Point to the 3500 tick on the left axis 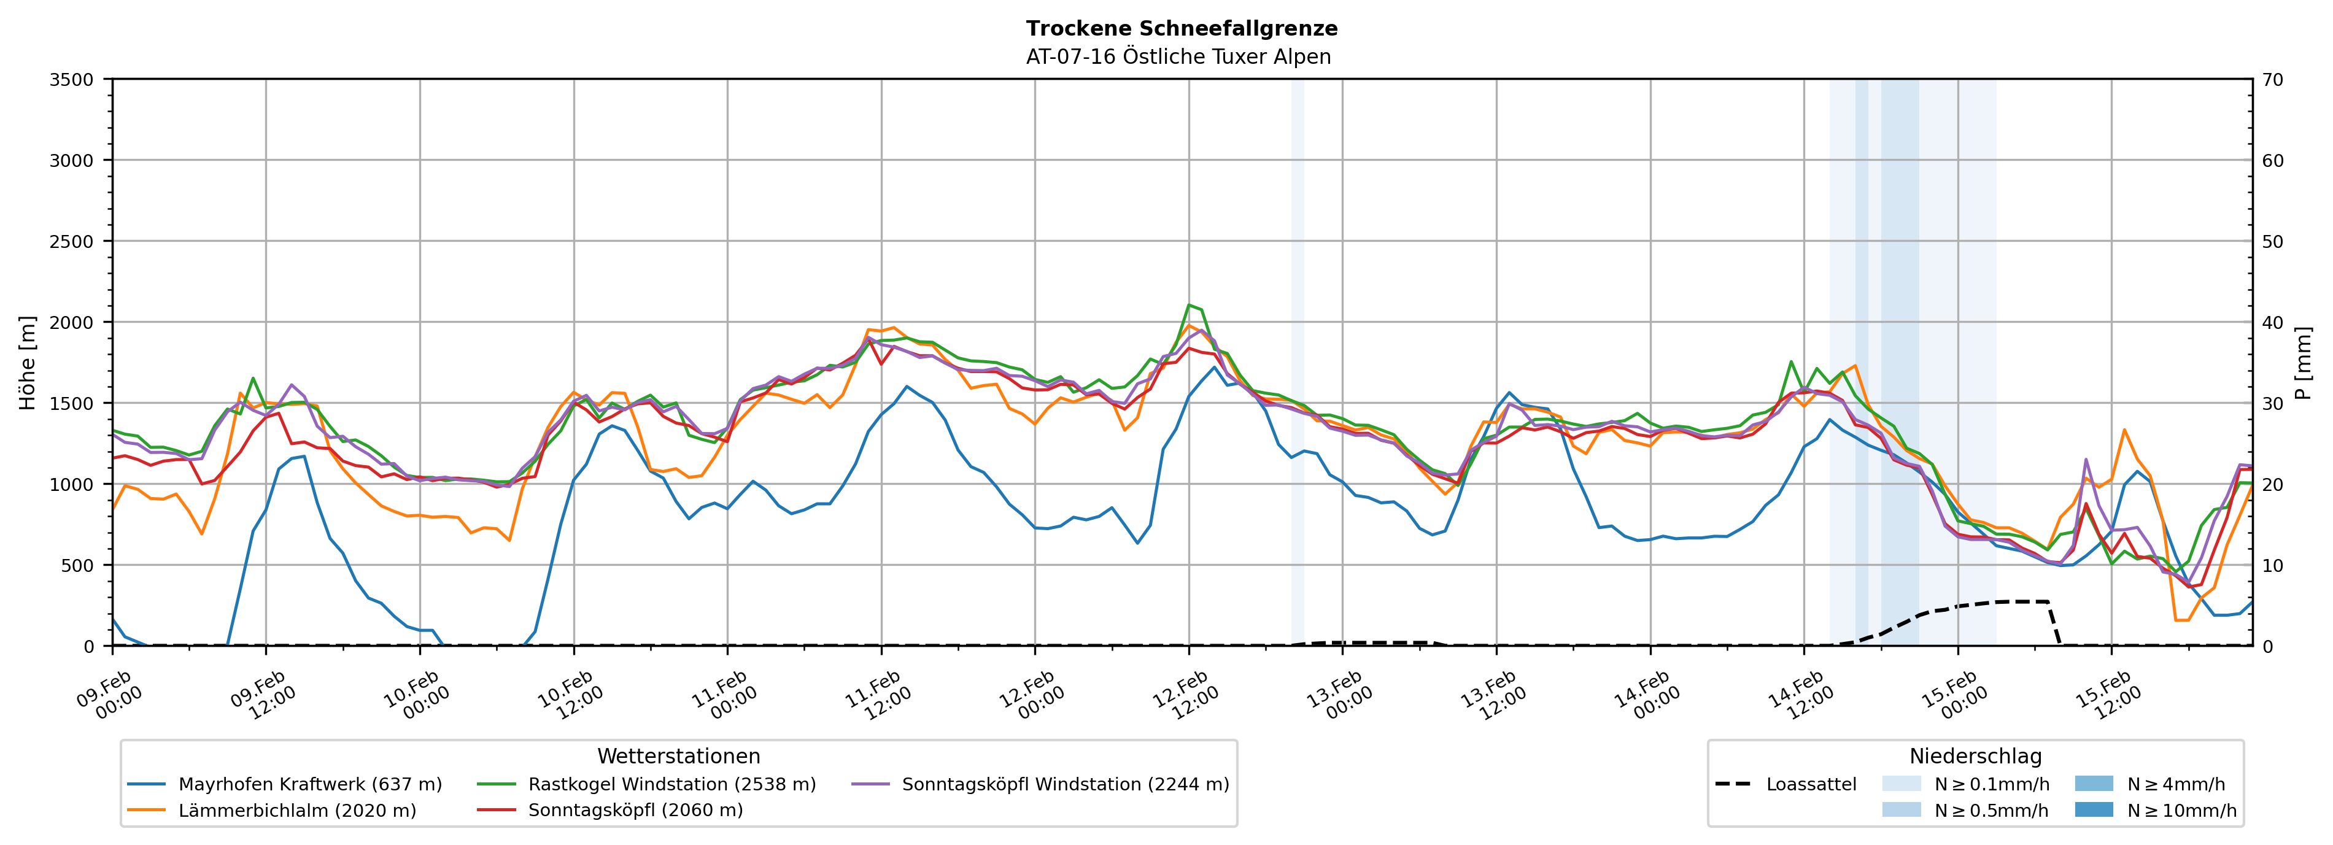point(72,80)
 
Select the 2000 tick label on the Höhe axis point(72,322)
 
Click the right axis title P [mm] point(2303,362)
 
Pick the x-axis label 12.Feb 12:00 point(1184,695)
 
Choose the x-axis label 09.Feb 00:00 point(108,695)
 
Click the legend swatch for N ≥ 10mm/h point(2093,809)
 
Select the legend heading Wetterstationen point(678,756)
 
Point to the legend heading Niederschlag point(1975,756)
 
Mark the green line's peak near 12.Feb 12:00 point(1189,305)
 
